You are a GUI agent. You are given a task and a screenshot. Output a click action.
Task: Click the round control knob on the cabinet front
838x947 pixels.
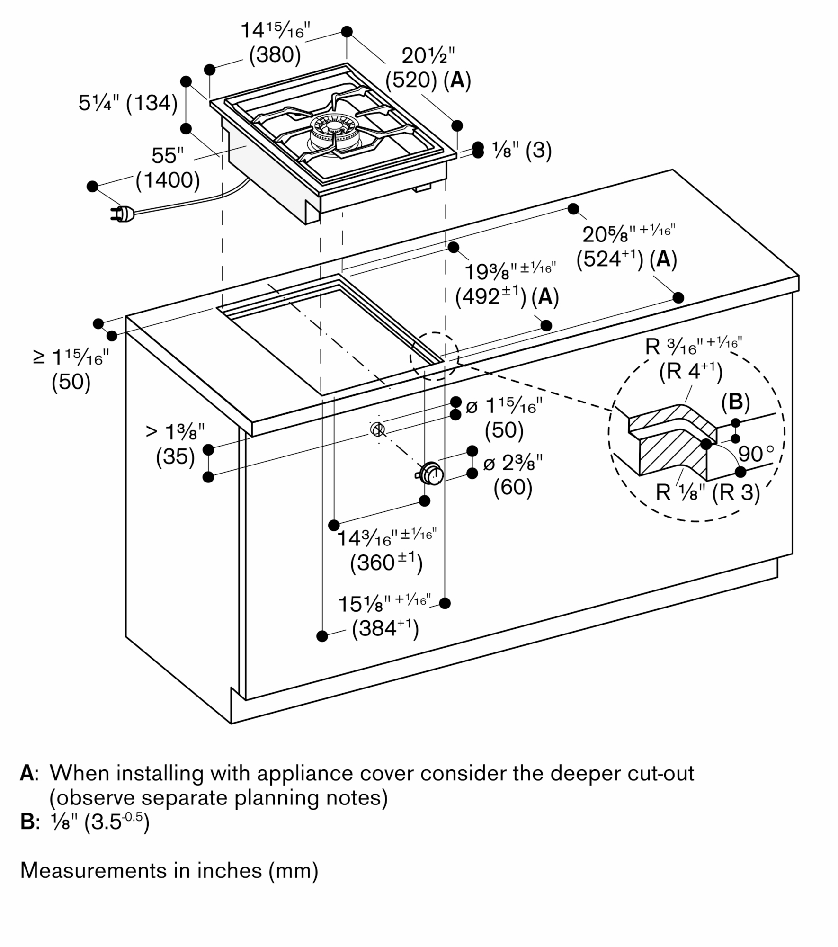431,473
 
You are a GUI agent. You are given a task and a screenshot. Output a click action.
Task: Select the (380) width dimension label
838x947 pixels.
275,55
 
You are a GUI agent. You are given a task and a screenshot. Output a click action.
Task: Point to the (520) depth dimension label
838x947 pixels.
411,80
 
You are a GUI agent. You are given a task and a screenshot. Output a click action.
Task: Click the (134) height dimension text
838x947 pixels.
152,103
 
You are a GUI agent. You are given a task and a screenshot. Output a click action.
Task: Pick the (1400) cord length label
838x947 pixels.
168,180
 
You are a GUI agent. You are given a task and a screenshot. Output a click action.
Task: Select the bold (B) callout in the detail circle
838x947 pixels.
735,402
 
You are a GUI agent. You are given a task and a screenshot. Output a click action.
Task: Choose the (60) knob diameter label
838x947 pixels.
513,487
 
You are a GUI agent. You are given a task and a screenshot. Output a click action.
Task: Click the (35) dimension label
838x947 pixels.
175,457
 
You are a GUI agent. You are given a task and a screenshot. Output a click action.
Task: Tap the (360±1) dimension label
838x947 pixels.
386,563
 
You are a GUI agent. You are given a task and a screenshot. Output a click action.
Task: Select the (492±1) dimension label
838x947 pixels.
490,297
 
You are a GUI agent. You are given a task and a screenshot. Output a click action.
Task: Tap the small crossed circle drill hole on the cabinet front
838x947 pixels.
377,429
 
